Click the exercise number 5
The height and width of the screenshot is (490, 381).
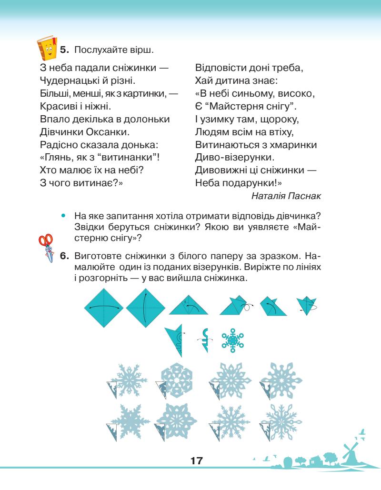65,49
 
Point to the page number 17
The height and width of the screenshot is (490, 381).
196,461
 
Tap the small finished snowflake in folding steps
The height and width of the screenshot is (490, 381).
232,340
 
